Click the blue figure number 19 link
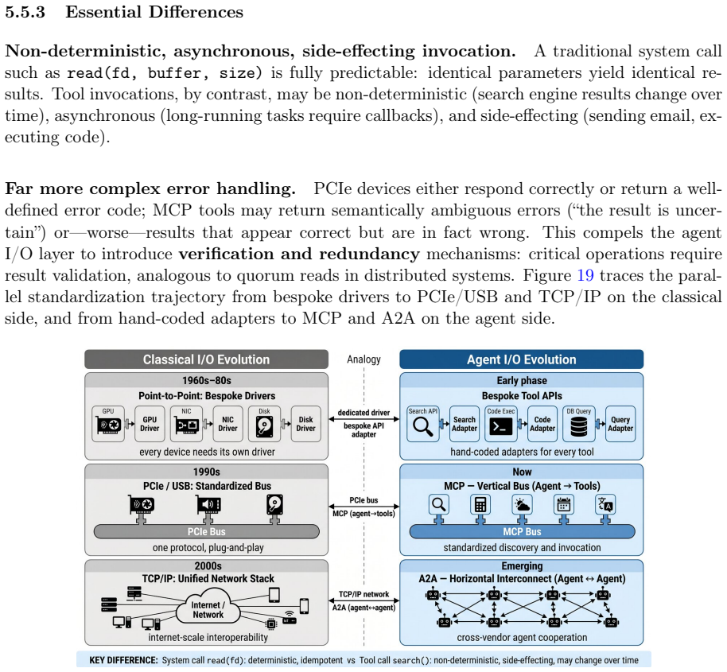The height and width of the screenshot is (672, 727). point(585,275)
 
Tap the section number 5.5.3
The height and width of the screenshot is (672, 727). point(25,12)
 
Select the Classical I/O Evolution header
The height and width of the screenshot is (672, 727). point(206,359)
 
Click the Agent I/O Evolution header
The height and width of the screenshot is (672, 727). point(522,359)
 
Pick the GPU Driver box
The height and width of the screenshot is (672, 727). point(150,424)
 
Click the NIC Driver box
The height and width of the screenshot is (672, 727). point(227,424)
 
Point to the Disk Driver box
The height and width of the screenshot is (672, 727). point(305,424)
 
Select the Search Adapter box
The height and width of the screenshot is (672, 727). point(464,424)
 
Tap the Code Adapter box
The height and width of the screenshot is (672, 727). point(542,424)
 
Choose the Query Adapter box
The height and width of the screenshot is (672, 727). point(620,424)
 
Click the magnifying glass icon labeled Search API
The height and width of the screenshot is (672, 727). point(423,426)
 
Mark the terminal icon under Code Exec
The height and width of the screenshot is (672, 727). point(501,426)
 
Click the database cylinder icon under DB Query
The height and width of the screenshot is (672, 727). point(578,426)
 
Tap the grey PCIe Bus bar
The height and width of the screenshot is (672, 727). point(206,531)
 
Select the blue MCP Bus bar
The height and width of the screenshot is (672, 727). point(522,531)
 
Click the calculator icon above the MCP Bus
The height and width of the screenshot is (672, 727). point(480,505)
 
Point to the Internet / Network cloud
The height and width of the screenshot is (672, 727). point(208,606)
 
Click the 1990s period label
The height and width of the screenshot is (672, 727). point(206,472)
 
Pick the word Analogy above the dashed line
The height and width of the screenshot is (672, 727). point(364,359)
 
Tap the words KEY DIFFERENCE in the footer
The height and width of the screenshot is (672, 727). point(123,660)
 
